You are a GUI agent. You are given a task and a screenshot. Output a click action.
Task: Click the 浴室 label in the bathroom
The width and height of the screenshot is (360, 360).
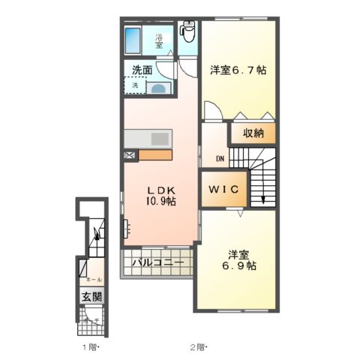160,41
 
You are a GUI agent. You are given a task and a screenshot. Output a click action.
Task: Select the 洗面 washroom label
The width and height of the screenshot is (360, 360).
142,70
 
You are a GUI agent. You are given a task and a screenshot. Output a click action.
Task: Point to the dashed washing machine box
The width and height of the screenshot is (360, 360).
135,85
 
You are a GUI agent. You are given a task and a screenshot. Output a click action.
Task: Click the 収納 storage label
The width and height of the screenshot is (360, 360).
253,133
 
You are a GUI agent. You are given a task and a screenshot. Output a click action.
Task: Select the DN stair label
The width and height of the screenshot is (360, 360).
221,159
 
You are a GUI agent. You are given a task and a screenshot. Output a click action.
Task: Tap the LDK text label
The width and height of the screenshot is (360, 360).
160,189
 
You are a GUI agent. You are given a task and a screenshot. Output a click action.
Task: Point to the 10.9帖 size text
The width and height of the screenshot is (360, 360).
160,201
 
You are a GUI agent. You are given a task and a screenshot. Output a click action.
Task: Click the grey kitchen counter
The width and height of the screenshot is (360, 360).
148,139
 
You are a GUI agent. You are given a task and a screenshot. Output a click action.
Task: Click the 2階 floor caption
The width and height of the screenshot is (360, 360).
196,347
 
